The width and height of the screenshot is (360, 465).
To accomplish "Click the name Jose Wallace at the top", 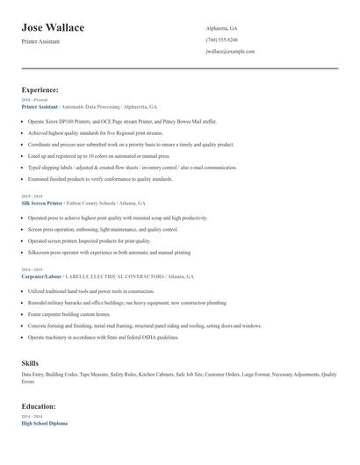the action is click(53, 28).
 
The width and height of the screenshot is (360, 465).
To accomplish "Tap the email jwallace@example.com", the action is click(230, 52).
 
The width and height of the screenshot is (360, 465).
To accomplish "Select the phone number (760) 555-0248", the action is click(221, 40).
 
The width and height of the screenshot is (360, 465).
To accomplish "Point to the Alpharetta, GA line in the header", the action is click(221, 29).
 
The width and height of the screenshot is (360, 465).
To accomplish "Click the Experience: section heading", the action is click(40, 89).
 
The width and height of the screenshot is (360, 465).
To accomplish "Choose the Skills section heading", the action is click(30, 362).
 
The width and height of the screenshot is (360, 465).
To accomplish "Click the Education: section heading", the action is click(39, 406).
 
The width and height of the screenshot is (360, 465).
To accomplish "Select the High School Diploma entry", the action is click(44, 424).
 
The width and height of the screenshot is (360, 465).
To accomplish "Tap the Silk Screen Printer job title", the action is click(42, 203).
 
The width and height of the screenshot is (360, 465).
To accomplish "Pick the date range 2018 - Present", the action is click(34, 100).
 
